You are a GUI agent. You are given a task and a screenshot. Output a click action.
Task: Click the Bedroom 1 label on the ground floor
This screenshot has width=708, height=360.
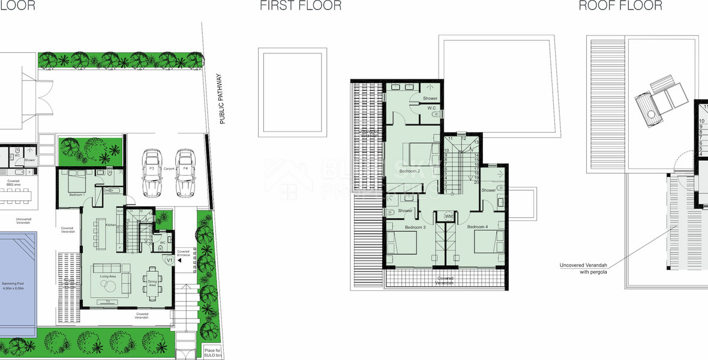coord(76,195)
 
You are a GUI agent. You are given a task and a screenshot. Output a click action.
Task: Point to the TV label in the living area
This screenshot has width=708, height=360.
coord(107,301)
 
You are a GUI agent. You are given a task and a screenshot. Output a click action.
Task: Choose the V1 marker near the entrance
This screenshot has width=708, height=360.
coord(169,260)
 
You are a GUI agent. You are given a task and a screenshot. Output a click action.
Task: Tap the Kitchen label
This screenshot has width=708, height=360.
coord(110,225)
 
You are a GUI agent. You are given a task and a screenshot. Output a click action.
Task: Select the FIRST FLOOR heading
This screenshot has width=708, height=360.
coord(301,6)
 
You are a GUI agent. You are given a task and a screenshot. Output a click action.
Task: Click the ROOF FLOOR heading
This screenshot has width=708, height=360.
coord(620,6)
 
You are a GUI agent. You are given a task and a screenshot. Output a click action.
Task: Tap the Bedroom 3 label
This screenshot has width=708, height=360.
coord(415,227)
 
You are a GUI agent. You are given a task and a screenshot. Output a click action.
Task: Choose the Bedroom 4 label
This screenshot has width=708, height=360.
coord(478,227)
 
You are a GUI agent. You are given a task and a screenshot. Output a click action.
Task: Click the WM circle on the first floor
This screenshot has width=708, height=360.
coord(449,217)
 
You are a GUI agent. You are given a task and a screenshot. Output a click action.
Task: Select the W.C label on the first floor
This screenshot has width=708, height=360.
coord(431,108)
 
